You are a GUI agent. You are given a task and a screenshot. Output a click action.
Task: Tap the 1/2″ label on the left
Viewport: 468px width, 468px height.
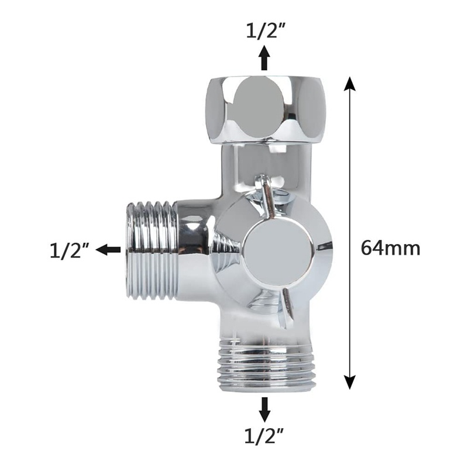pyautogui.click(x=68, y=250)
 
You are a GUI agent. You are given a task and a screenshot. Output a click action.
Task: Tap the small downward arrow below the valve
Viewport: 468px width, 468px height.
pyautogui.click(x=265, y=409)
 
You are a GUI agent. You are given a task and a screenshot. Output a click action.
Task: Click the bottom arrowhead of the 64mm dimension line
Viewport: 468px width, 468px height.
pyautogui.click(x=350, y=383)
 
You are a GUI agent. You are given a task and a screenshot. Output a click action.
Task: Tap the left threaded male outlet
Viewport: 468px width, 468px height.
pyautogui.click(x=152, y=250)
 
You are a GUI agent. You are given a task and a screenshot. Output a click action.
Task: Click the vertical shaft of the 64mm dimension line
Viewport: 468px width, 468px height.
pyautogui.click(x=350, y=175)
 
